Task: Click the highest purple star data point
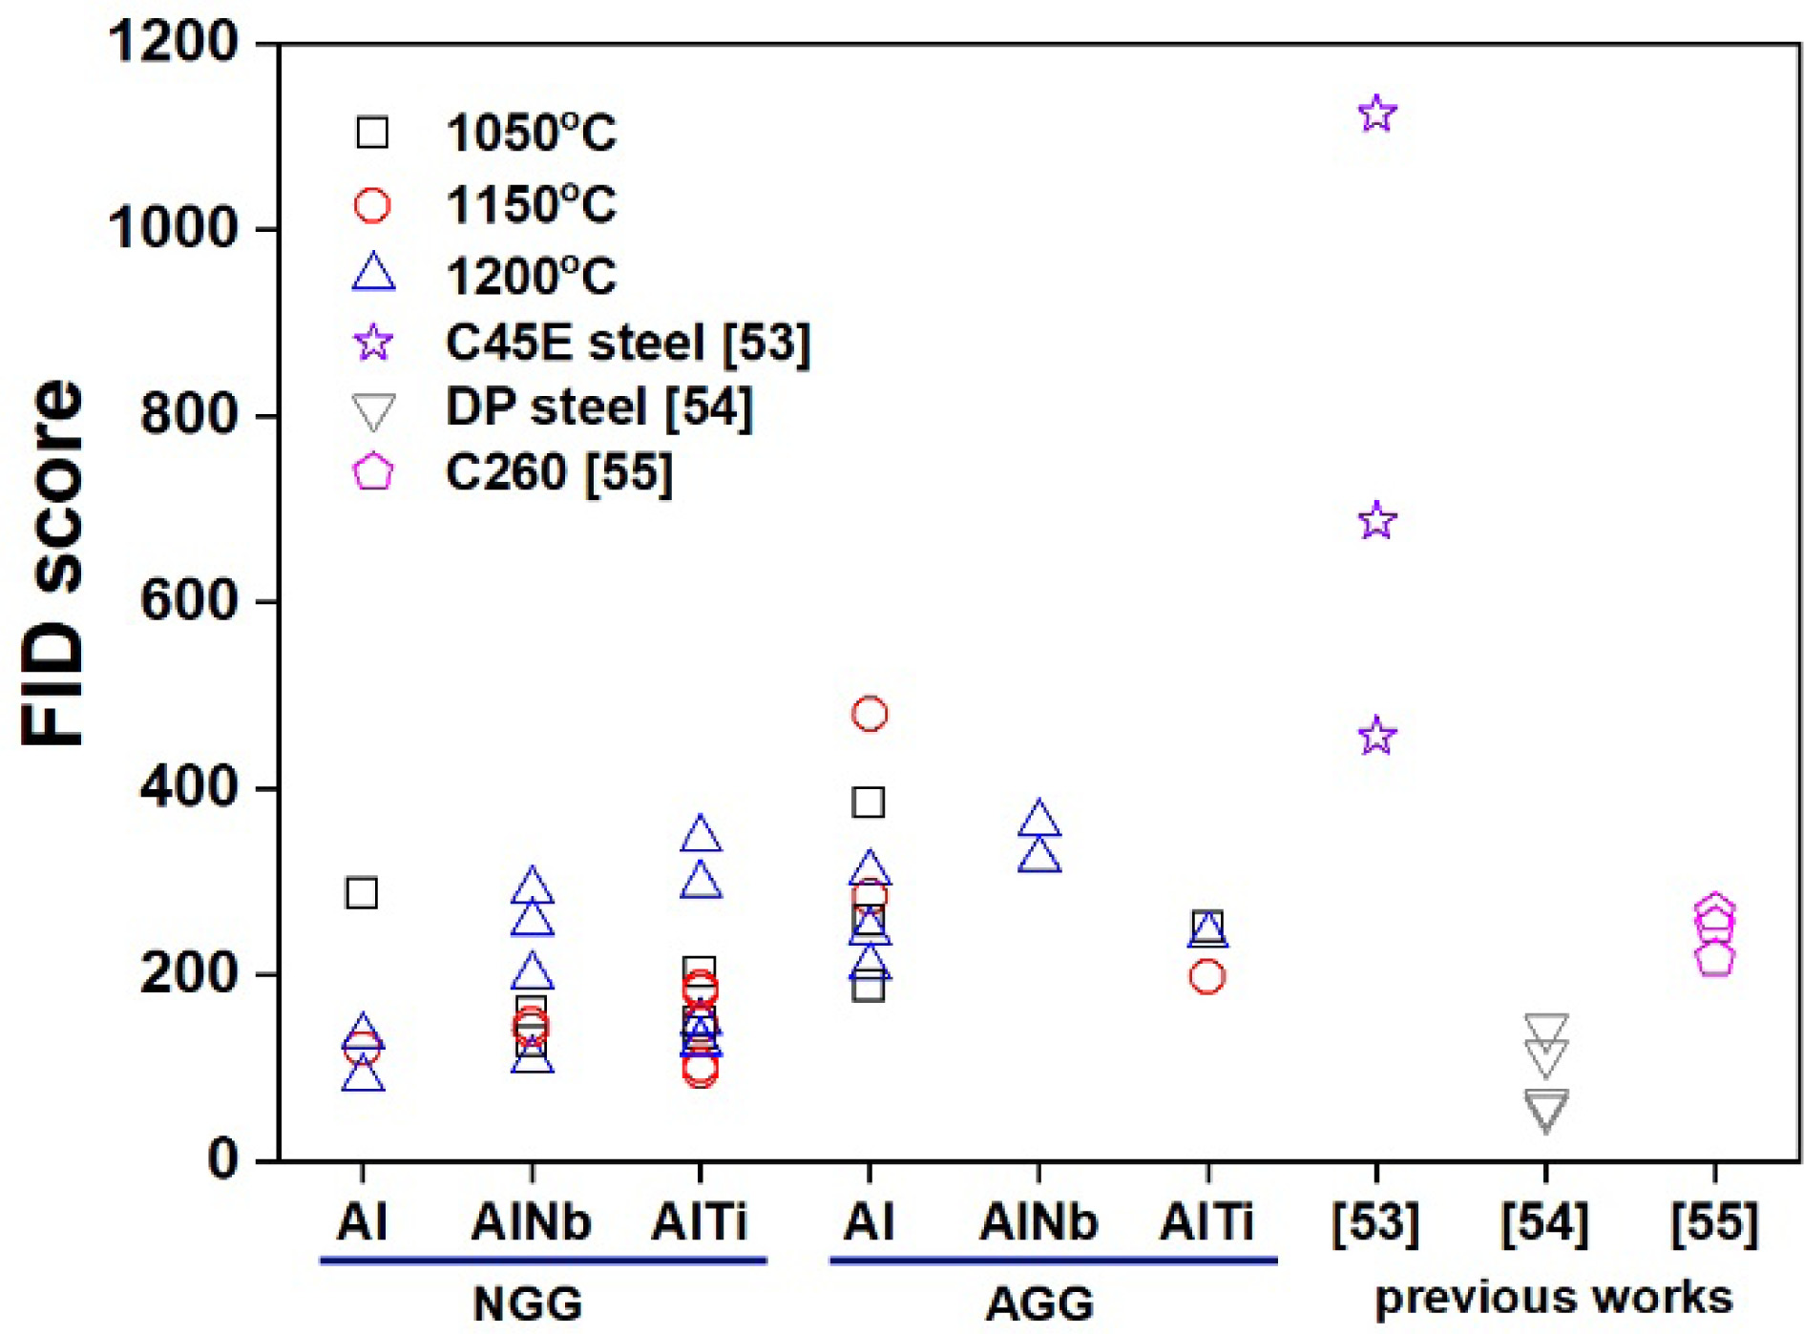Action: coord(1376,114)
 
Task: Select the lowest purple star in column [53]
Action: coord(1376,736)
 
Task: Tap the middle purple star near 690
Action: coord(1376,520)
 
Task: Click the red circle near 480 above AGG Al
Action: coord(869,713)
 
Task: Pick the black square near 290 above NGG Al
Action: coord(361,893)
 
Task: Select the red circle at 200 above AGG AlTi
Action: coord(1207,976)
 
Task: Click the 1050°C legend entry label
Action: coord(531,133)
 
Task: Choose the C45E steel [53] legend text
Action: coord(627,342)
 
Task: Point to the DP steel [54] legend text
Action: coord(598,406)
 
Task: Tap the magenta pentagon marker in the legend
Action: coord(373,471)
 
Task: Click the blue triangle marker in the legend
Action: coord(373,273)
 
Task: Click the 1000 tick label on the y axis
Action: coord(173,228)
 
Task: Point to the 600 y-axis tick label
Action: coord(188,601)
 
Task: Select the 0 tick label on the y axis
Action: coord(222,1158)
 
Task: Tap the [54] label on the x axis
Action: coord(1544,1221)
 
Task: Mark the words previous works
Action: coord(1553,1298)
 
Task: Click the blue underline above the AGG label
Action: coord(1053,1261)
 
